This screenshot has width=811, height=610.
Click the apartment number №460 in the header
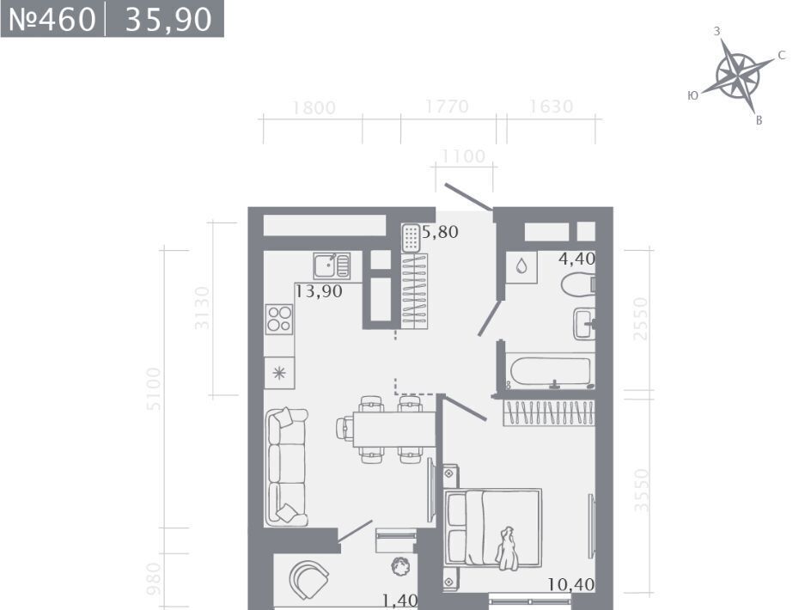[52, 20]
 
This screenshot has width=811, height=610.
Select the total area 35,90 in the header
[168, 20]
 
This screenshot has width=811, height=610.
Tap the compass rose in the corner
[738, 76]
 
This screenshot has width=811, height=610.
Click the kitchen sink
[332, 266]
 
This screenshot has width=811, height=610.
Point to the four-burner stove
[279, 318]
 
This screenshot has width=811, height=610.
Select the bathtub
[551, 371]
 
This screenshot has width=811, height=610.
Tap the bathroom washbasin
[584, 323]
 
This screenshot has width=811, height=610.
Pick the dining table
[394, 430]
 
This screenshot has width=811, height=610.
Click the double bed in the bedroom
[493, 528]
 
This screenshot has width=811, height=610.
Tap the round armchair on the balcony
[308, 579]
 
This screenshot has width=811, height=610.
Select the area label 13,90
[319, 291]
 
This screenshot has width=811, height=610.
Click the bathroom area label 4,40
[576, 259]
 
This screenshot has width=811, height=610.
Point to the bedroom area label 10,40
[571, 584]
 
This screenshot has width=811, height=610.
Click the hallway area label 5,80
[440, 232]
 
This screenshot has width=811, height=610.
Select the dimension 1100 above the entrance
[463, 156]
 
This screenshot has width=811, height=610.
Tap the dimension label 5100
[154, 388]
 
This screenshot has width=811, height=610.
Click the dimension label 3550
[641, 490]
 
